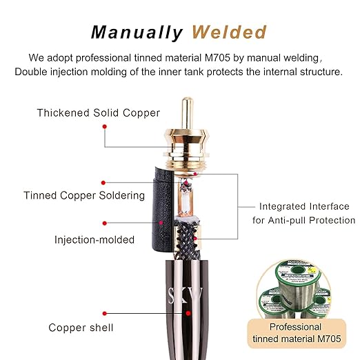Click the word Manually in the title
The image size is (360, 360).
(137, 32)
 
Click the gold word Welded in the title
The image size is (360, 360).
(229, 32)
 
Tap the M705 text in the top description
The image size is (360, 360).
(217, 57)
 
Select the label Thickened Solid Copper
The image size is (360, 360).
(99, 113)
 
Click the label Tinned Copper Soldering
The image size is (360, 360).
(84, 196)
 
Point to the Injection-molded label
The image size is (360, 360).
(94, 240)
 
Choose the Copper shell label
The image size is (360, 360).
(81, 328)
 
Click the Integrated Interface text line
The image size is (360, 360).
(304, 206)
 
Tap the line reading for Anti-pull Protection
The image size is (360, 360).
(304, 220)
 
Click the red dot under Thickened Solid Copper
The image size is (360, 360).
(105, 126)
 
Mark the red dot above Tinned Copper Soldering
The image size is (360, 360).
(103, 183)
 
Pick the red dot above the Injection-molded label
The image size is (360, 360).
(105, 223)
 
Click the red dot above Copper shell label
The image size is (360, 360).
(105, 313)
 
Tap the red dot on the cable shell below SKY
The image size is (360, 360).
(188, 313)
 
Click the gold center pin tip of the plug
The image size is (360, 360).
(188, 100)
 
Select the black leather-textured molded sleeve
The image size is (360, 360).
(162, 209)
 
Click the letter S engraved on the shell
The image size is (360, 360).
(172, 296)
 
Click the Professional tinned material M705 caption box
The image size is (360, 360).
(297, 333)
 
